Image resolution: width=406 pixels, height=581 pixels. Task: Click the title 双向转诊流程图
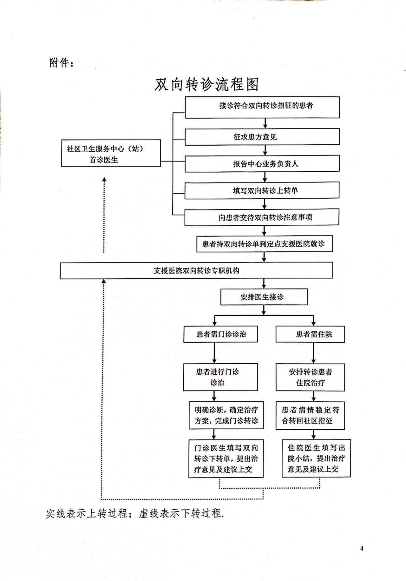(207, 84)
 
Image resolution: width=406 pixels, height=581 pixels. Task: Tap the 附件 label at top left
(62, 63)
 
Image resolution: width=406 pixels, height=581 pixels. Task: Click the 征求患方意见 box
(262, 137)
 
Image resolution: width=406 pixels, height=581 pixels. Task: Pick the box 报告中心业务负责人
(262, 163)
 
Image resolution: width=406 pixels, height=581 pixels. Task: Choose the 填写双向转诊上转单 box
(262, 190)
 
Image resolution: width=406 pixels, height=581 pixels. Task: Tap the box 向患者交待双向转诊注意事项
(262, 217)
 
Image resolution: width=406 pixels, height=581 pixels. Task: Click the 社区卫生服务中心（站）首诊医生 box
(111, 153)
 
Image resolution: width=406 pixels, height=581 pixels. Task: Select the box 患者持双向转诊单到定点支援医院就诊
(264, 244)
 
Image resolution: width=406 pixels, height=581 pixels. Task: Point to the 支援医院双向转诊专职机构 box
(196, 271)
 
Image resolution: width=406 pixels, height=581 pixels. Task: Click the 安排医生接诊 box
(264, 297)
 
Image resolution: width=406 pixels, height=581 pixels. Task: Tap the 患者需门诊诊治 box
(220, 334)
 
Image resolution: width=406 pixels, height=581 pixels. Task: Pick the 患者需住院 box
(310, 334)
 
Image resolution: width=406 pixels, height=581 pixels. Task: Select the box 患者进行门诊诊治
(220, 377)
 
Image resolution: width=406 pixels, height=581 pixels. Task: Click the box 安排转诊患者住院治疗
(310, 377)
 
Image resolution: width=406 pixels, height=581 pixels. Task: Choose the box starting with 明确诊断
(226, 415)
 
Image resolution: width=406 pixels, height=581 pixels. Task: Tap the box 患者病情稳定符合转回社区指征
(310, 415)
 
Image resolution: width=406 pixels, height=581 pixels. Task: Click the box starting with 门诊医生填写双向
(226, 458)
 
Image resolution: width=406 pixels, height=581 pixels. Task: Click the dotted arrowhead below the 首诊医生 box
(104, 179)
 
